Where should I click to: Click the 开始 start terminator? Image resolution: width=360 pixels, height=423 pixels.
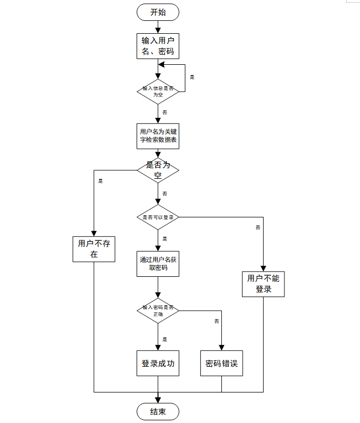coord(158,12)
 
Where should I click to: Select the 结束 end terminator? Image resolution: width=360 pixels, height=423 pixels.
coord(158,412)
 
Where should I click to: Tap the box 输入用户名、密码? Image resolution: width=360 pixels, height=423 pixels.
coord(158,46)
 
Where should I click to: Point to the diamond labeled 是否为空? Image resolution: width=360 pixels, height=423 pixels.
coord(158,170)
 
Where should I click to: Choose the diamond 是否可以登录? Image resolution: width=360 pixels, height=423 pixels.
coord(158,217)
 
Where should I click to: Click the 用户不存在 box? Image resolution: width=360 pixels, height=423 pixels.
coord(94,249)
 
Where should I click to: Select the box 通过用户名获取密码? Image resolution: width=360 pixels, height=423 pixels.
coord(158,263)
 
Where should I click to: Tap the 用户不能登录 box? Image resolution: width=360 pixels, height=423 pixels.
coord(263,284)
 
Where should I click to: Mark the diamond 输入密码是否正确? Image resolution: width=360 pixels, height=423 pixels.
coord(158,311)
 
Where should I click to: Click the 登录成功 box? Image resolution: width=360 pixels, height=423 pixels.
coord(158,364)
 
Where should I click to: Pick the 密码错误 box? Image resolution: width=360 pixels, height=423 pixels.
coord(221,364)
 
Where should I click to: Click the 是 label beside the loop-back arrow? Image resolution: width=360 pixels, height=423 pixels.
coord(192,77)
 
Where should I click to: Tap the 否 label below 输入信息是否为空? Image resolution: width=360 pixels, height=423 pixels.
coord(164,112)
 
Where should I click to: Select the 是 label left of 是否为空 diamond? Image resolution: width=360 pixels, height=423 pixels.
coord(101,181)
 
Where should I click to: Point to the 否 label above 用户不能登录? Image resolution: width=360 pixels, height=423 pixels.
coord(258,228)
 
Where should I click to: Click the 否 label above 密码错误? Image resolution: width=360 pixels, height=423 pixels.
coord(216,321)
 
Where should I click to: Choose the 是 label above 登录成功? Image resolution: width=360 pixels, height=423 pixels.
coord(164,339)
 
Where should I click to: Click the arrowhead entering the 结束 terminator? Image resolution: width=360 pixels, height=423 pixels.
coord(158,400)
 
